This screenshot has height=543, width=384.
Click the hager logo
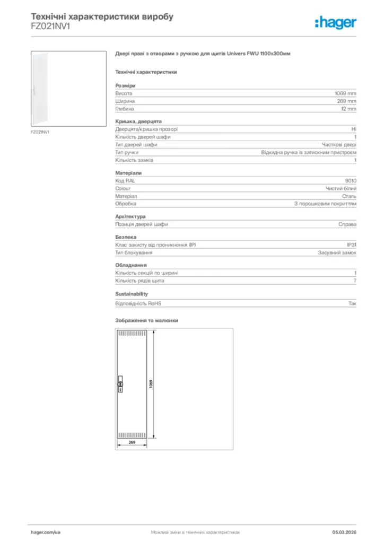[335, 22]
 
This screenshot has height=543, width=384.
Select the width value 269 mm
[346, 101]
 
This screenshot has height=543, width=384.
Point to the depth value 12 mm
[348, 109]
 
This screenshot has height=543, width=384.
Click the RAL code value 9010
[351, 181]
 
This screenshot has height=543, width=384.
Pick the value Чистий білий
[341, 188]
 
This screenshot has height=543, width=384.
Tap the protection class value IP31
[351, 245]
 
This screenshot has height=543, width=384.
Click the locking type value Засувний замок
[337, 252]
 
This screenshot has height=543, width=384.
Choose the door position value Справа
[347, 224]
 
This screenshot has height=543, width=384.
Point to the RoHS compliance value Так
[352, 303]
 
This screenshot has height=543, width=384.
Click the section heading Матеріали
[128, 173]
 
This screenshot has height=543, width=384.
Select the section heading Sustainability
[132, 294]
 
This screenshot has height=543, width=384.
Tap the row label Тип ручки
[127, 152]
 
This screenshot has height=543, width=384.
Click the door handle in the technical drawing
[120, 386]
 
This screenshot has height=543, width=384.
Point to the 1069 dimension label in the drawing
[151, 384]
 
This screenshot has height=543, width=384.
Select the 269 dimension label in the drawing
[132, 442]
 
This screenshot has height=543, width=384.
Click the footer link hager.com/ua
[46, 531]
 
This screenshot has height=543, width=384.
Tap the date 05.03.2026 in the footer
[344, 531]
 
